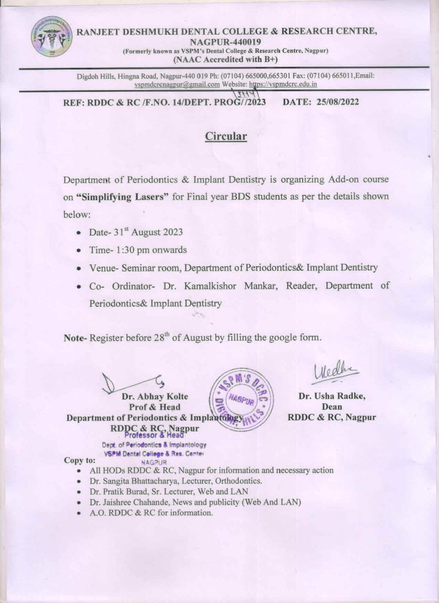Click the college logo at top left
(x=52, y=37)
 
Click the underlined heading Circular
(x=226, y=136)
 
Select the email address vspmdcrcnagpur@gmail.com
(x=177, y=84)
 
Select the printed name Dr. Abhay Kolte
(x=154, y=397)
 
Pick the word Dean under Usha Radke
(x=332, y=407)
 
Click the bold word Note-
(x=75, y=338)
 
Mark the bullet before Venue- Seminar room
(x=79, y=269)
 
